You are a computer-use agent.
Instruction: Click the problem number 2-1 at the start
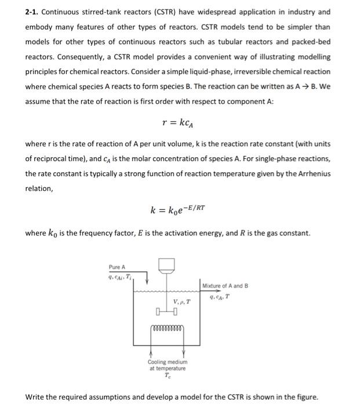pos(32,12)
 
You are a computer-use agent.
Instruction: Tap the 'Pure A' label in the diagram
pos(117,267)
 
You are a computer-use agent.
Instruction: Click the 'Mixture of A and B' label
pos(226,285)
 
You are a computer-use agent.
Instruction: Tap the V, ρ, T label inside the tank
pos(181,301)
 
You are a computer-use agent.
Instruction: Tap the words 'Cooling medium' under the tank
pos(167,361)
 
